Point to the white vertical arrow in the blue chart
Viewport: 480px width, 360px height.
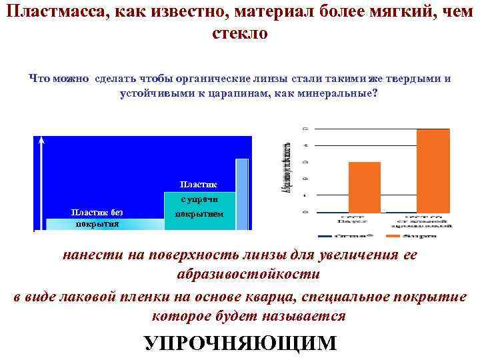(x=42, y=180)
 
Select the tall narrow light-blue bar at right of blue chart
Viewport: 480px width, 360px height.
(x=242, y=193)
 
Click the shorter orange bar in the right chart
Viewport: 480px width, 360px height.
(x=365, y=187)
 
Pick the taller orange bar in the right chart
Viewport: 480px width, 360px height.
(x=433, y=170)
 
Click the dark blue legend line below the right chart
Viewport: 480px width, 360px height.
(x=328, y=235)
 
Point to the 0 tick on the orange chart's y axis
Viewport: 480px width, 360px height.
(x=306, y=212)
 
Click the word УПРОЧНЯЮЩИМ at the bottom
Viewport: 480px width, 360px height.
(x=241, y=343)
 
